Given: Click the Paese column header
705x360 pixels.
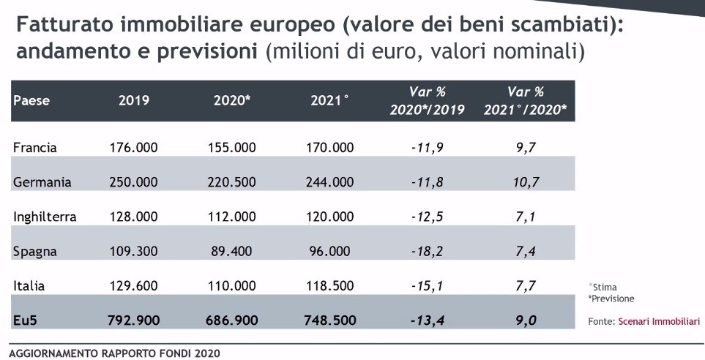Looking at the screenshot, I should [31, 101].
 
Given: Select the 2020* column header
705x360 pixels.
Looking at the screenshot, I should [232, 101].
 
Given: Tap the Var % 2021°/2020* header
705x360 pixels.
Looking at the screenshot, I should [525, 101].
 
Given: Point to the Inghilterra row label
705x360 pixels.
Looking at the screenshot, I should [45, 217].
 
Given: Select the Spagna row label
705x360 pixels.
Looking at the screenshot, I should [35, 252].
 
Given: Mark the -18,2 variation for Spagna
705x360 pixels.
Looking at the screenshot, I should [428, 252].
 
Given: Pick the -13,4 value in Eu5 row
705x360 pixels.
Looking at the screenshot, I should [428, 320].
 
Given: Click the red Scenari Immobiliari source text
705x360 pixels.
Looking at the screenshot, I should [659, 321].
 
